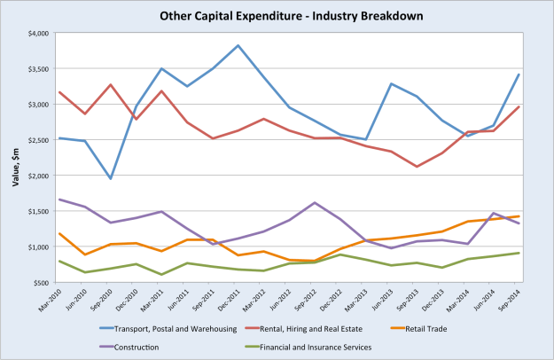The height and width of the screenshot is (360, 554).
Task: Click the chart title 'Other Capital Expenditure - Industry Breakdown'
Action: coord(277,15)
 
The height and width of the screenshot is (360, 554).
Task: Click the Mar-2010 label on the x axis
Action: coord(54,300)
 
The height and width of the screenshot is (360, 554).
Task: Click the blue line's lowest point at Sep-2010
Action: coord(110,178)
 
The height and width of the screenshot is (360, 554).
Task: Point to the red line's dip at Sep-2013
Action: coord(418,167)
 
